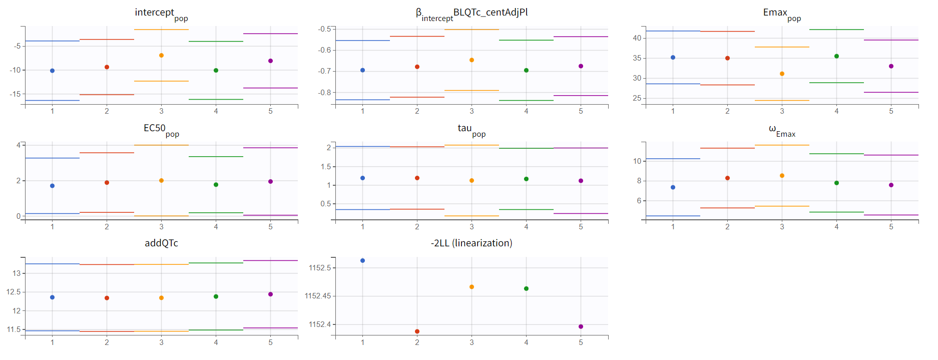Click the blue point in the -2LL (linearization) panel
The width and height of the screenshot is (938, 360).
coord(362,261)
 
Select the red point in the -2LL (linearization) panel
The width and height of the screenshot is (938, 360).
coord(417,331)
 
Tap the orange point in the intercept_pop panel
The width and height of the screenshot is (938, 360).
coord(161,56)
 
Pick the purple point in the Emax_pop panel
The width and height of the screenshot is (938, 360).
coord(891,66)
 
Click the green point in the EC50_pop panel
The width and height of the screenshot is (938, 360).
coord(216,185)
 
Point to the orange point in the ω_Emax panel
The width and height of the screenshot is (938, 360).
coord(782,176)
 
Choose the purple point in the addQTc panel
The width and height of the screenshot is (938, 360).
coord(270,294)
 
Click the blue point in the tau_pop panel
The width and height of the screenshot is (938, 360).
coord(362,178)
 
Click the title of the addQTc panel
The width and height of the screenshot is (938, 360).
coord(161,243)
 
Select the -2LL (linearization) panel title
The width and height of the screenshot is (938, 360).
coord(472,243)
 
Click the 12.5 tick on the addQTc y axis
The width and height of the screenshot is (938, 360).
coord(14,292)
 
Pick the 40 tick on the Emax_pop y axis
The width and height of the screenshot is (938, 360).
coord(637,38)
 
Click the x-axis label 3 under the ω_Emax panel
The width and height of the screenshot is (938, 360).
coord(782,227)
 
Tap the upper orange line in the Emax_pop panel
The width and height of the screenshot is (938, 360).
coord(782,47)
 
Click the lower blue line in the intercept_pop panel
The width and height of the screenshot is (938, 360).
coord(52,101)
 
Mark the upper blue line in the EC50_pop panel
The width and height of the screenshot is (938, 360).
coord(52,158)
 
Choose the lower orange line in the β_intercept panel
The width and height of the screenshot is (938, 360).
coord(472,91)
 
